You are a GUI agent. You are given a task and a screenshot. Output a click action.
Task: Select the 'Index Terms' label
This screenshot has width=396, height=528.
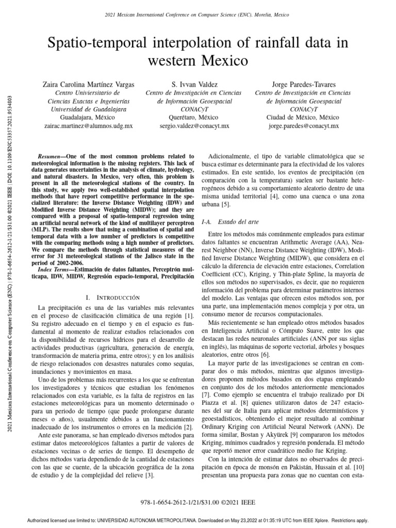[56, 270]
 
